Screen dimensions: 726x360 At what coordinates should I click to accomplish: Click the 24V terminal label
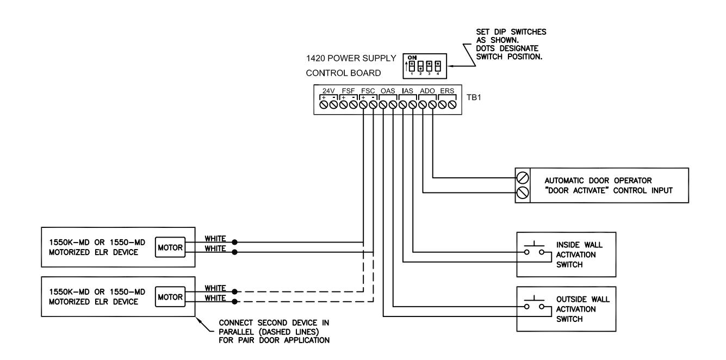328,91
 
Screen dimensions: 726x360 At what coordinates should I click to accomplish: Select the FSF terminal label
349,91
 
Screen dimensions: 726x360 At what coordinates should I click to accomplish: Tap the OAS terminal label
388,91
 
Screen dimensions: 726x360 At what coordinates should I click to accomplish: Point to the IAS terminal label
408,91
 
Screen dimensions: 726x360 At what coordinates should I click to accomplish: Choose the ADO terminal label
427,91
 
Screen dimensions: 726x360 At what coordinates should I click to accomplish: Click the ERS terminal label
447,91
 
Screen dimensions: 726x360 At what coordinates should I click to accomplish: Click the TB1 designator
474,97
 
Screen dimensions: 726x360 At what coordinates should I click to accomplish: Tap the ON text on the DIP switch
412,58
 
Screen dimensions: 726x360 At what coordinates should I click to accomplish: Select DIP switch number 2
420,66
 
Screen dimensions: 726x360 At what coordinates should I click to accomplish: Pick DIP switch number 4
438,66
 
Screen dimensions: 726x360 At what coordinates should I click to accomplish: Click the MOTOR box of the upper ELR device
170,247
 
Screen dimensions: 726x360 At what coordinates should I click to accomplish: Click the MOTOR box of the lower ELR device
170,297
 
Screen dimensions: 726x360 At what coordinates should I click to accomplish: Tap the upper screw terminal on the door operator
523,178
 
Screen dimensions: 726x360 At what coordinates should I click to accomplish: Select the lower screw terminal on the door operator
523,193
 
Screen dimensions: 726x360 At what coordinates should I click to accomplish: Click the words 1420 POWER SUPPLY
351,58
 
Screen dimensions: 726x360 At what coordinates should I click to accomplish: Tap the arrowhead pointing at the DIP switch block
450,66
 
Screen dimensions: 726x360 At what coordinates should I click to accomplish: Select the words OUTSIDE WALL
583,299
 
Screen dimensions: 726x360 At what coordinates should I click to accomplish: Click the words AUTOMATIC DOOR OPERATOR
598,181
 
